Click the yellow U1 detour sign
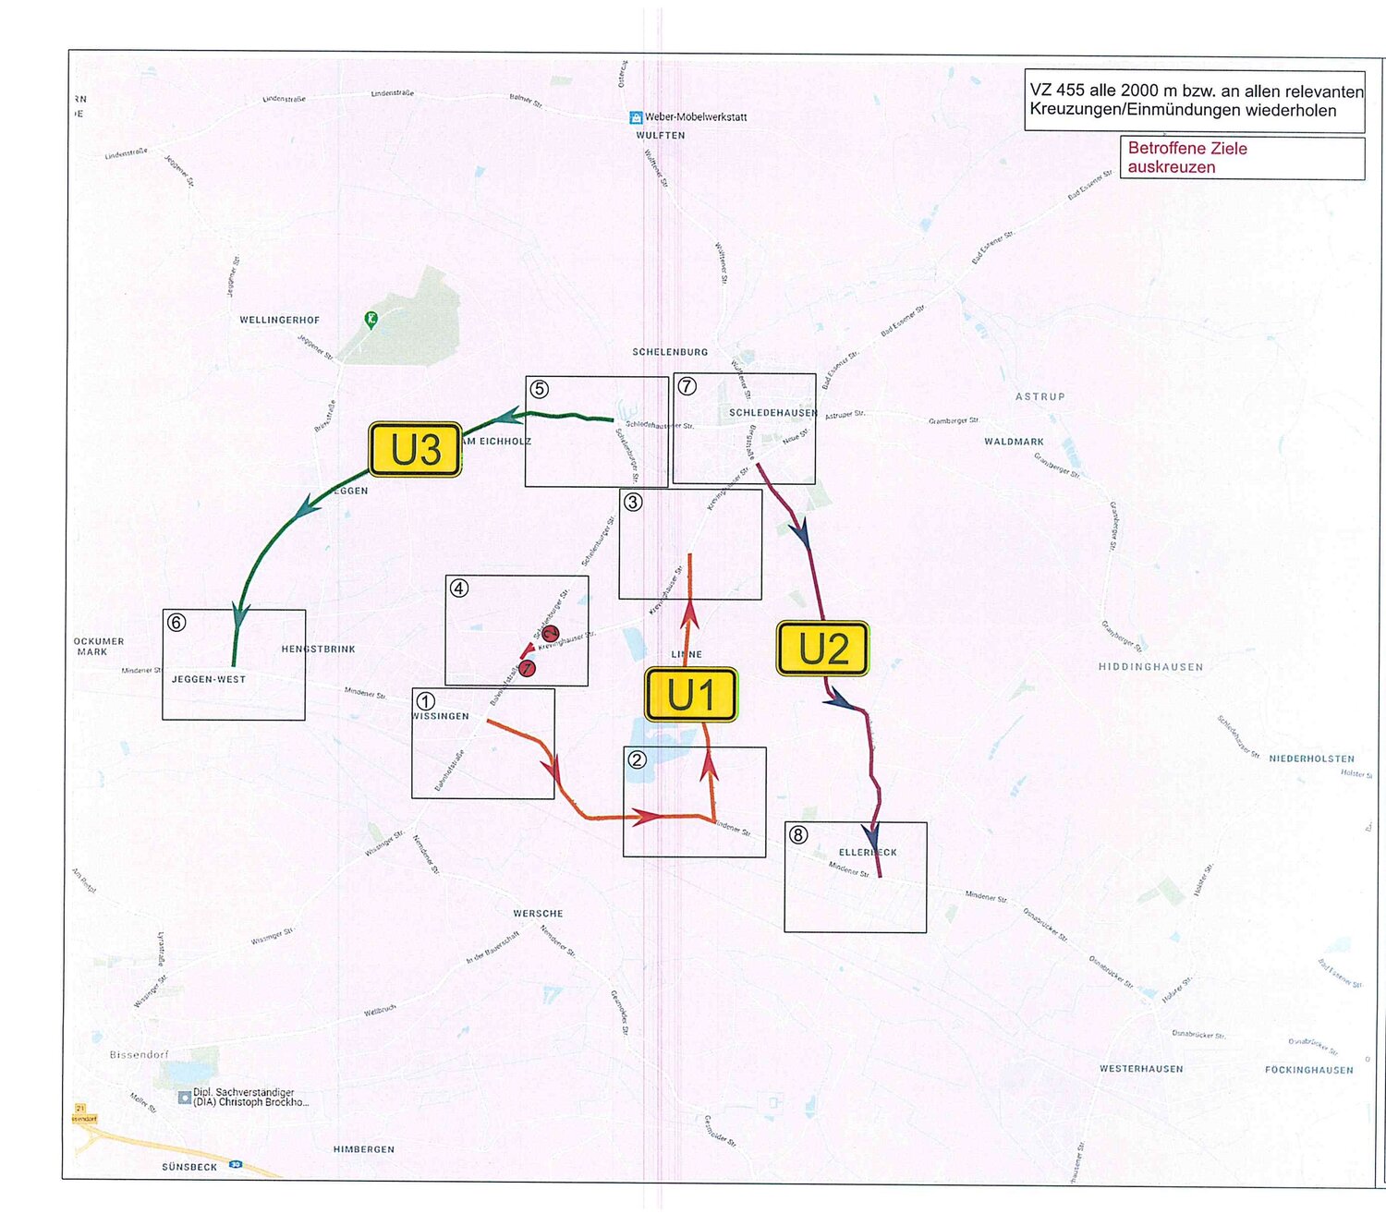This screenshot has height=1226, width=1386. click(691, 695)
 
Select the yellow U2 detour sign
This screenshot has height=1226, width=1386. click(823, 649)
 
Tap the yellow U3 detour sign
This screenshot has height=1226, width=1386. click(415, 450)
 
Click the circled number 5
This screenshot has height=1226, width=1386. click(540, 390)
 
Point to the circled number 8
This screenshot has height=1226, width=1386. click(798, 835)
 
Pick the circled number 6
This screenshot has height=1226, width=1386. click(176, 623)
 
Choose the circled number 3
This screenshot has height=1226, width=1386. click(633, 502)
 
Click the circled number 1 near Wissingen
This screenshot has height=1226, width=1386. click(426, 701)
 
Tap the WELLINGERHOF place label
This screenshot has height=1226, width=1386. click(280, 321)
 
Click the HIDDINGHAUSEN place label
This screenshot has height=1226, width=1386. click(1150, 667)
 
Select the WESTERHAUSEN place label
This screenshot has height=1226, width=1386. click(1141, 1069)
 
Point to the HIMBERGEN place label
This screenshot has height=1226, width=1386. click(364, 1149)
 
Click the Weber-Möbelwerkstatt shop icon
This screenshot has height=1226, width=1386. click(636, 117)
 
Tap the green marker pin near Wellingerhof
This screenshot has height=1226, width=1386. click(371, 321)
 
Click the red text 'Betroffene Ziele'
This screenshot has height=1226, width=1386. click(1187, 149)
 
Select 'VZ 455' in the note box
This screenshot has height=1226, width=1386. click(1056, 91)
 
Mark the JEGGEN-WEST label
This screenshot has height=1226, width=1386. click(209, 679)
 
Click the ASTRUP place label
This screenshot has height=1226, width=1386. click(1040, 397)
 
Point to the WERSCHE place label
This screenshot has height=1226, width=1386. click(538, 914)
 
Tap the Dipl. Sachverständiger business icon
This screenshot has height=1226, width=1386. click(185, 1097)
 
